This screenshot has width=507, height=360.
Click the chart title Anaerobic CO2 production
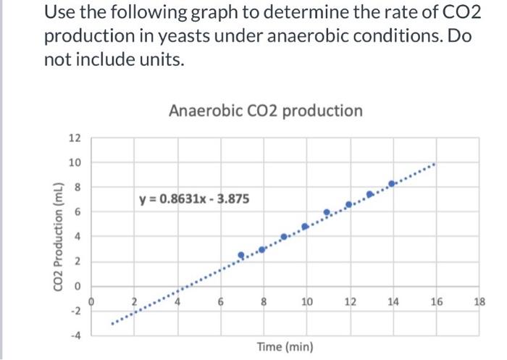click(x=265, y=111)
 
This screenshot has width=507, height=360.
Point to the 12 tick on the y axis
click(x=75, y=138)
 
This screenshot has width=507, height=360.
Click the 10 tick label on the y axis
click(x=75, y=163)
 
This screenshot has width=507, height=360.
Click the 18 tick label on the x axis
click(x=479, y=301)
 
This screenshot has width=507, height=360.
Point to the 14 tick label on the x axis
click(x=393, y=301)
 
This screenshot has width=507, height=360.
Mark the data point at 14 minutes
click(x=392, y=184)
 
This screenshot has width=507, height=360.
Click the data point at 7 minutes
click(x=241, y=255)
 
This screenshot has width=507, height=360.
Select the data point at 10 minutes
click(x=305, y=226)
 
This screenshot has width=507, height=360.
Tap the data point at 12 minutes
click(x=348, y=205)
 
